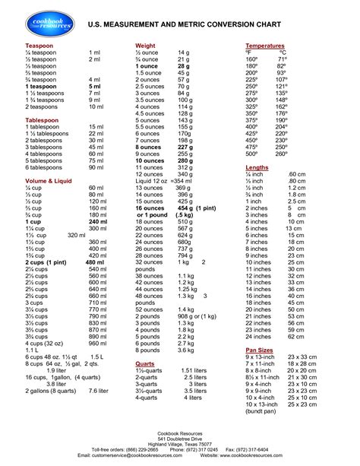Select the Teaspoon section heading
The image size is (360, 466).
pos(29,46)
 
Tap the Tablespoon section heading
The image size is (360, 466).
pos(32,119)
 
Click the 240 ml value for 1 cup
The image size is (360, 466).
pos(98,221)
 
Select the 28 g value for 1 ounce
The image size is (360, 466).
pos(183,66)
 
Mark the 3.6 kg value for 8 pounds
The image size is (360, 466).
pos(187,350)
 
